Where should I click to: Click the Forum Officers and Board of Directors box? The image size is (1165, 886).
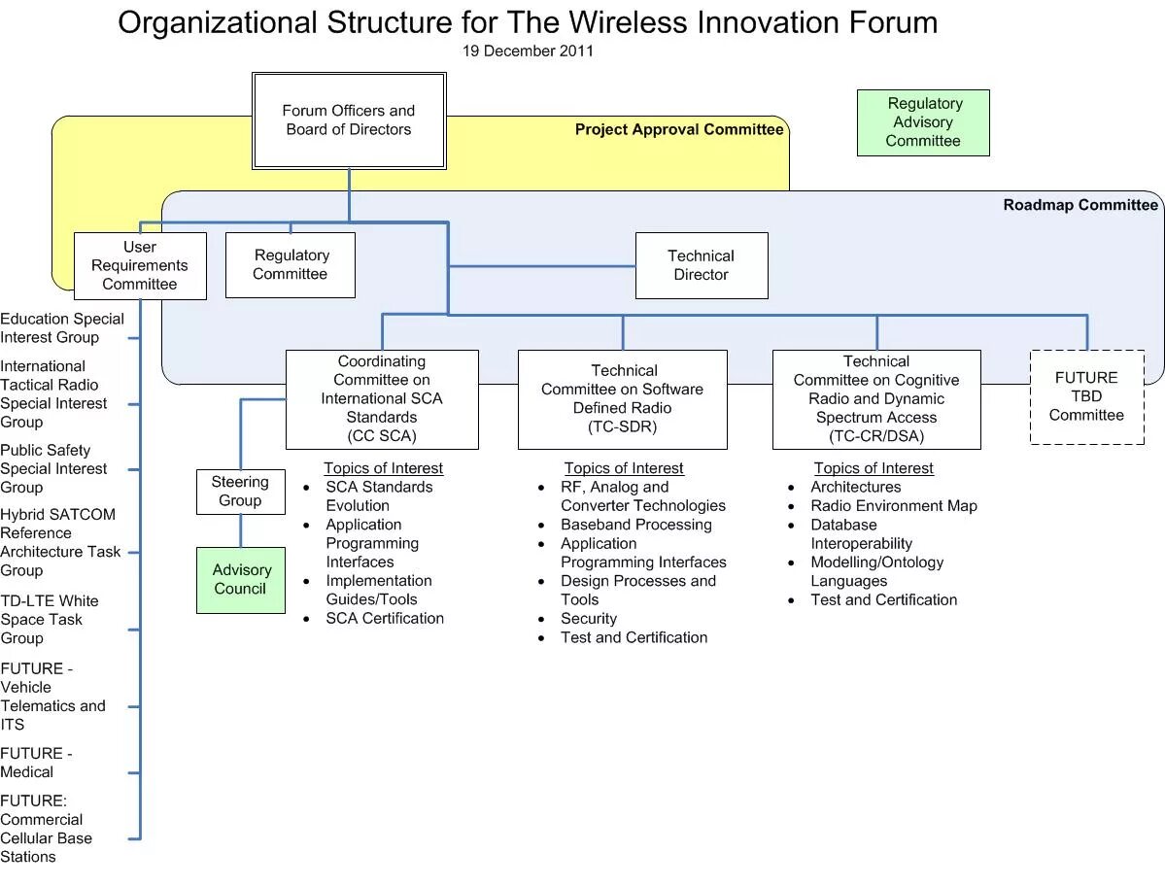click(x=349, y=121)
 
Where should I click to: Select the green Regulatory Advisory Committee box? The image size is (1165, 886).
click(x=923, y=122)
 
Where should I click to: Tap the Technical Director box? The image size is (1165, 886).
click(x=701, y=265)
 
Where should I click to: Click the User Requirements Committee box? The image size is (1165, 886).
click(x=140, y=265)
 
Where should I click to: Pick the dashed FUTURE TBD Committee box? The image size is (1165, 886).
click(x=1086, y=396)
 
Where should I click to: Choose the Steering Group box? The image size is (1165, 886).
click(x=240, y=492)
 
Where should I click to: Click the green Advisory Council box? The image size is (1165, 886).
click(x=241, y=580)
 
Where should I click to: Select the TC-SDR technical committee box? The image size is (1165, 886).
click(x=622, y=399)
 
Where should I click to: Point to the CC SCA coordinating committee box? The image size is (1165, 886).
click(x=382, y=399)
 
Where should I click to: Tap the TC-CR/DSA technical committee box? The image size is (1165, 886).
click(x=875, y=399)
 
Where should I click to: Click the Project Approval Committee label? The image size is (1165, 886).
click(x=678, y=130)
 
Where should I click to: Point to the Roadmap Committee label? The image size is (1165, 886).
click(x=1079, y=205)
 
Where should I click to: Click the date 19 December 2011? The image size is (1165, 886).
click(x=528, y=51)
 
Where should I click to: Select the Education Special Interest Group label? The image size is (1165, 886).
click(x=62, y=328)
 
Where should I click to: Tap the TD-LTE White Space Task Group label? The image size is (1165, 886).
click(x=50, y=620)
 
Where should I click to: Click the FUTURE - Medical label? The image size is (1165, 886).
click(x=36, y=763)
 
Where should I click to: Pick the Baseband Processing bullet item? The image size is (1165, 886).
click(x=635, y=525)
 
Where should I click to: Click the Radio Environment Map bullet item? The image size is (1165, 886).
click(x=894, y=506)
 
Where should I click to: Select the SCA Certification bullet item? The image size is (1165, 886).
click(x=384, y=619)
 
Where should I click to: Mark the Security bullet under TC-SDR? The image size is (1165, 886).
click(x=588, y=619)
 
